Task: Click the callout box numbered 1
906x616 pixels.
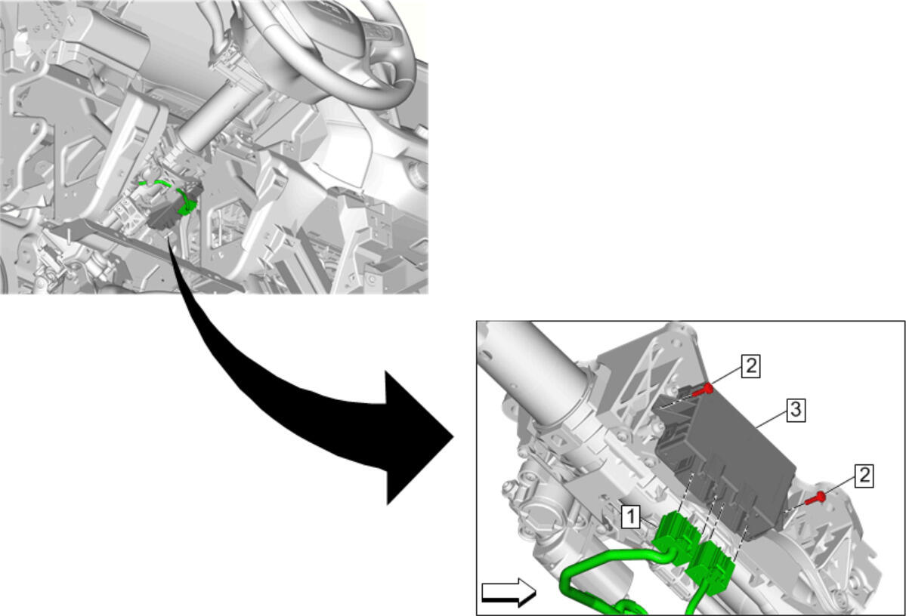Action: tap(630, 516)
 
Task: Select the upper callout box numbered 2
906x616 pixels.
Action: tap(750, 366)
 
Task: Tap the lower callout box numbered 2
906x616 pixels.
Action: tap(863, 476)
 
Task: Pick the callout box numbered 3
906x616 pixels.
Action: tap(796, 410)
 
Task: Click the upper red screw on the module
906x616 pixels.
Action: tap(702, 390)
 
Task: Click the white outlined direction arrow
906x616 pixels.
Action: tap(509, 593)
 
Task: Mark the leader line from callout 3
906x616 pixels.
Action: tap(771, 419)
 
